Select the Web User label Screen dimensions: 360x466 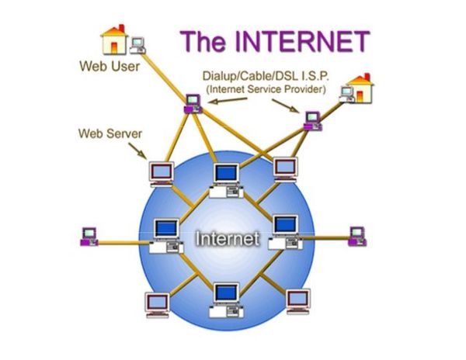(110, 67)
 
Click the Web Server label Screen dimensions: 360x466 (110, 133)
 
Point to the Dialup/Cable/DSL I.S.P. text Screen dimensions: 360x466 (265, 76)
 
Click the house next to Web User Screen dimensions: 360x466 (114, 39)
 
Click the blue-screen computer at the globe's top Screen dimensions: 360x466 (226, 178)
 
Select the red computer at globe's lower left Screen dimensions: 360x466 (156, 303)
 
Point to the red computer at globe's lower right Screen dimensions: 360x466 (297, 300)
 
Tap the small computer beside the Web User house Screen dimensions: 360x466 (138, 44)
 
